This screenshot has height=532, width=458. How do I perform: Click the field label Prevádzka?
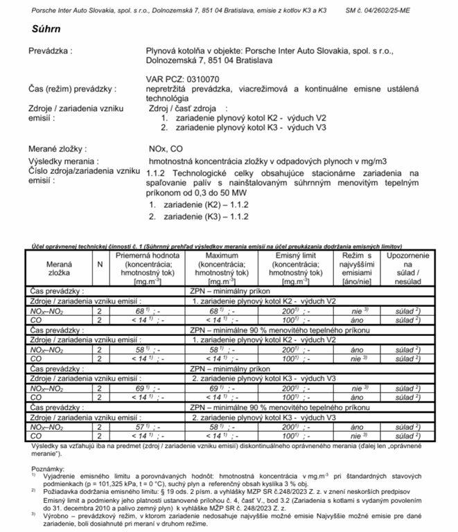click(x=51, y=51)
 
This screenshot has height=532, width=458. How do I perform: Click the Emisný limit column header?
click(x=290, y=256)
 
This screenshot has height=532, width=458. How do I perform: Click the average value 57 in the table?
click(x=143, y=428)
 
